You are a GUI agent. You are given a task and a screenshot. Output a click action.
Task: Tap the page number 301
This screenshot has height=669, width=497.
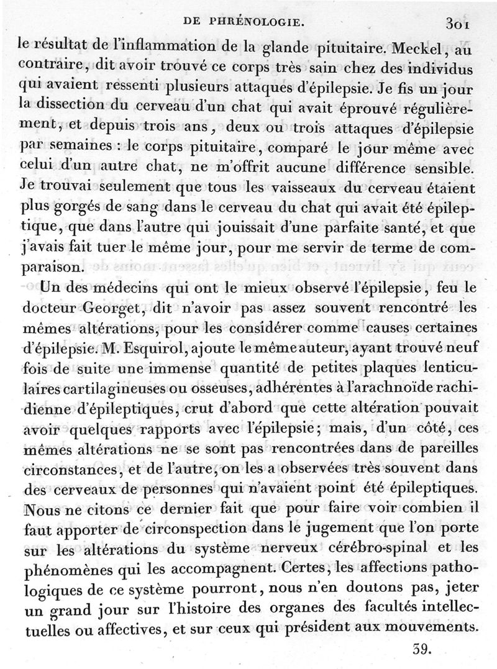pyautogui.click(x=456, y=24)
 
